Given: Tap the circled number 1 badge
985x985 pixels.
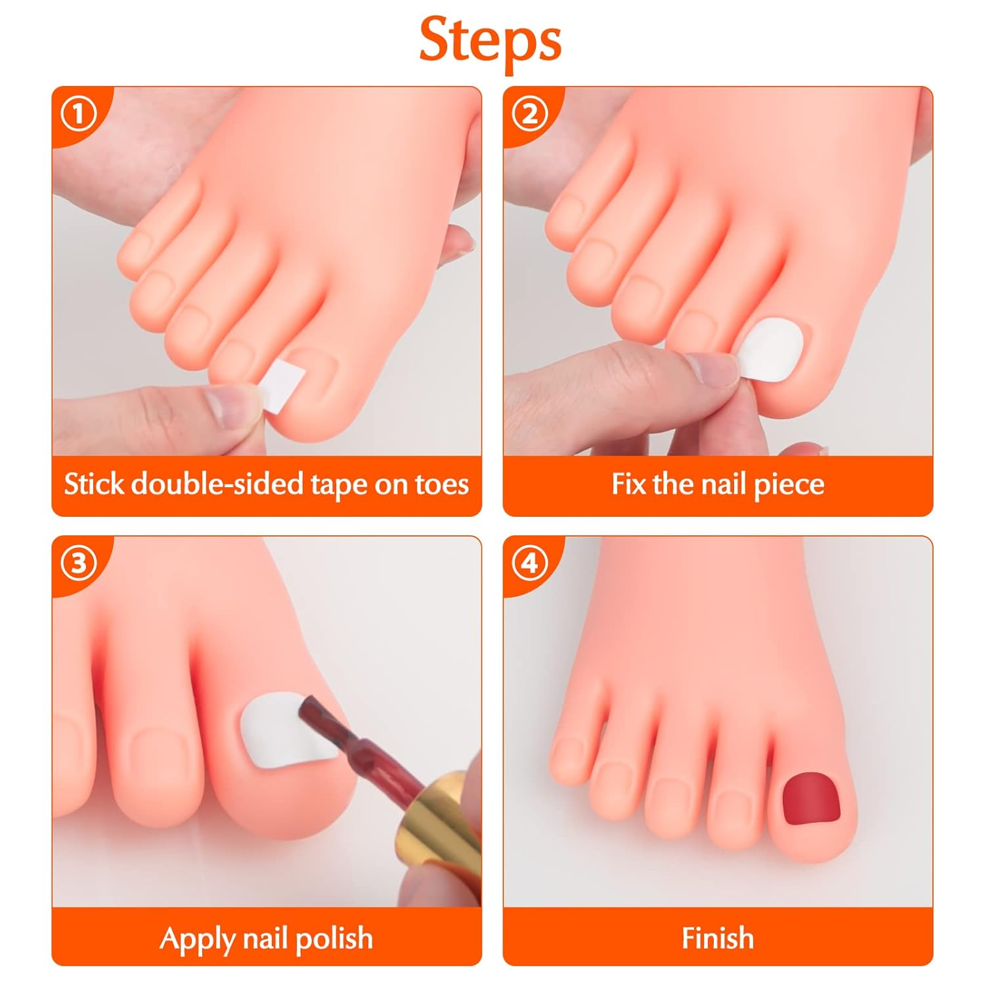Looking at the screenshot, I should [78, 114].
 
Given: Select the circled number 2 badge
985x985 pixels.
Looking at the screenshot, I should [529, 114].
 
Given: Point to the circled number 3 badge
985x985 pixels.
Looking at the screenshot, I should [78, 563].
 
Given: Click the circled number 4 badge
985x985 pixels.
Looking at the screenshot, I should [529, 563].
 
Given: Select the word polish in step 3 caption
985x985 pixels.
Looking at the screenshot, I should [334, 938].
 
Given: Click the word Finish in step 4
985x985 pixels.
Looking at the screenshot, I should [717, 938].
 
